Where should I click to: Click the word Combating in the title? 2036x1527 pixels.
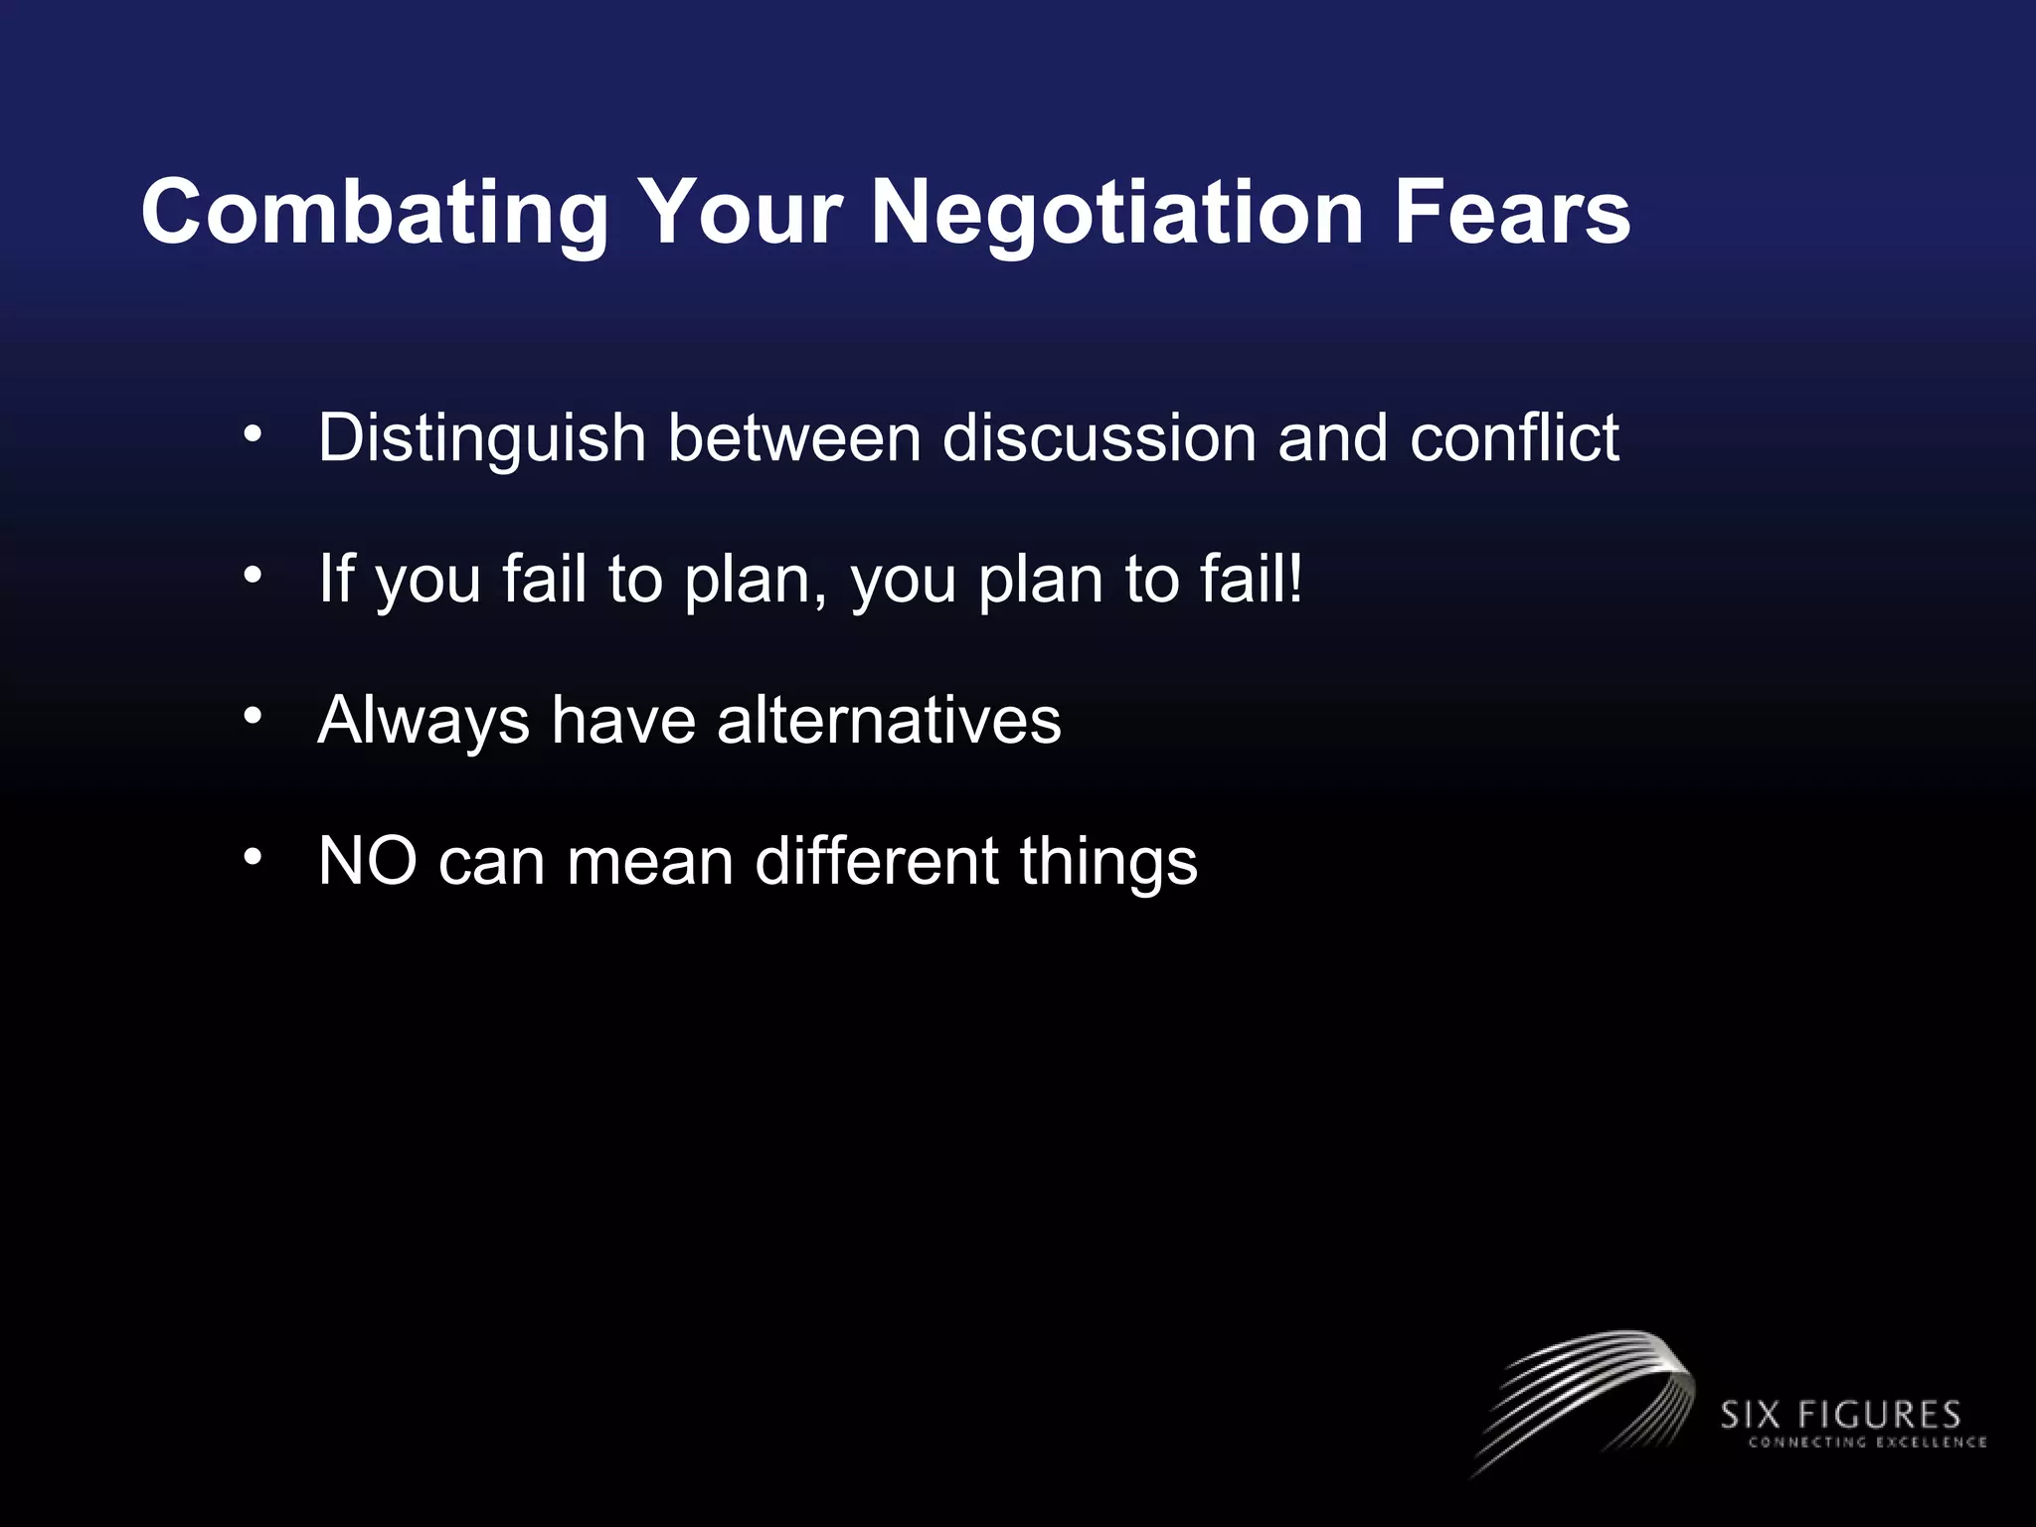[375, 213]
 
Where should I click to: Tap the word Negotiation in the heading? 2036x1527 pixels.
[1117, 213]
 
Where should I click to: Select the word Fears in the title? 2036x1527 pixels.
[1511, 213]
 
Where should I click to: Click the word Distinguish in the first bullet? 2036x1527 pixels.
[482, 438]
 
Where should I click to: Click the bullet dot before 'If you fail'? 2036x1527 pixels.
[254, 575]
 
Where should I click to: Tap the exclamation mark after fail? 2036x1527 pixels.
[1294, 579]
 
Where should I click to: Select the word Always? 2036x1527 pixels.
[424, 721]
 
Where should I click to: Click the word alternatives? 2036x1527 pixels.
[889, 721]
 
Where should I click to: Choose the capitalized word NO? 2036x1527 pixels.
[367, 861]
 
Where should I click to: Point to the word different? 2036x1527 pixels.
[876, 861]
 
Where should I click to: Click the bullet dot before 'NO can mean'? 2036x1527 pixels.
[254, 856]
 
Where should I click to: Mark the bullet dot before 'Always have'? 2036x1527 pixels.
[254, 715]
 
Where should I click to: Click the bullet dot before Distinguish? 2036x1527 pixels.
[254, 433]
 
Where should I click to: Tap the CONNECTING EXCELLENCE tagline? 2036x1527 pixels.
[1866, 1442]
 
